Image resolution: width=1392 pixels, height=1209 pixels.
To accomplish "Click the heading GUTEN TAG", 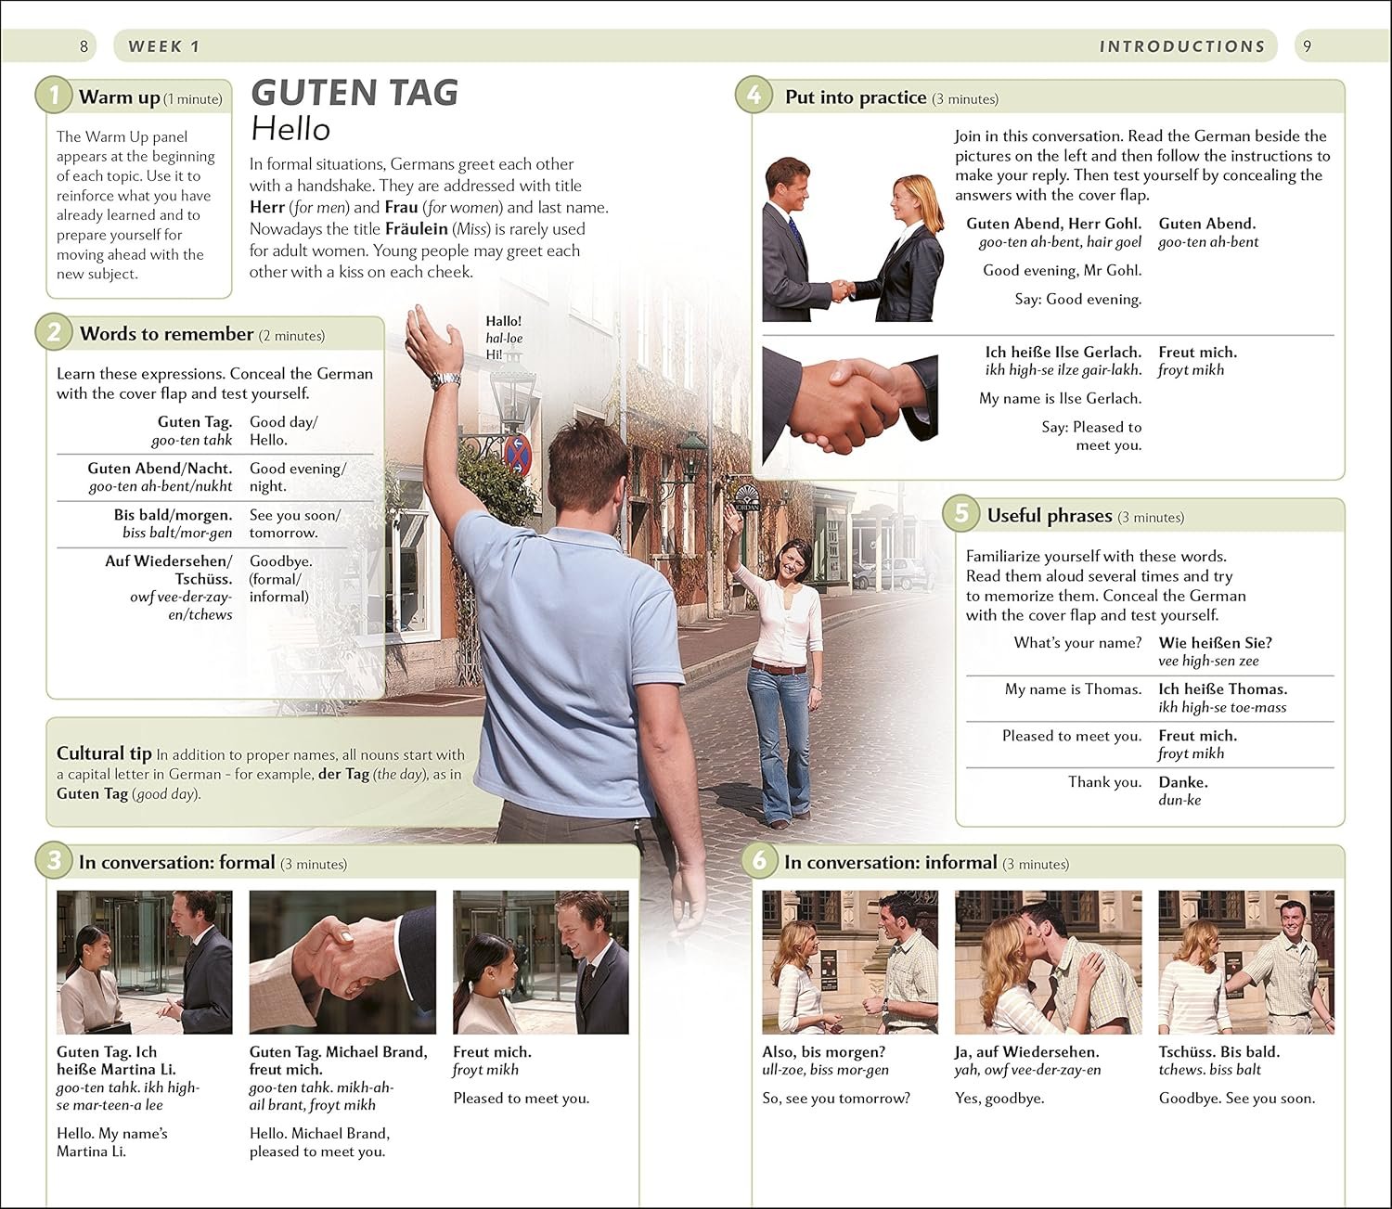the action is click(x=354, y=93).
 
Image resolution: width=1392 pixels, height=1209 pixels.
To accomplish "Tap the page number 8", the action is click(x=84, y=46).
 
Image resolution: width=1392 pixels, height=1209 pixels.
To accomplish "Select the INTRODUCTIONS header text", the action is click(x=1181, y=46).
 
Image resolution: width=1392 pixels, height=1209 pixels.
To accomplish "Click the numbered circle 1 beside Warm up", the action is click(x=54, y=96).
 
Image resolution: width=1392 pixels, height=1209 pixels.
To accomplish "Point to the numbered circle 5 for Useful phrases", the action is click(x=961, y=514).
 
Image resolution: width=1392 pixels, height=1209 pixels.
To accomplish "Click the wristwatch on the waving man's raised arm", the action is click(x=445, y=380).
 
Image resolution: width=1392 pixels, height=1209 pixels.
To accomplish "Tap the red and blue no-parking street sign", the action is click(x=518, y=450).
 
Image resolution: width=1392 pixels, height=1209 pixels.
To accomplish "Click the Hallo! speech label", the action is click(x=504, y=321).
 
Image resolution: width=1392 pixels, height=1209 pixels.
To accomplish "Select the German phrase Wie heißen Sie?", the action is click(x=1215, y=643).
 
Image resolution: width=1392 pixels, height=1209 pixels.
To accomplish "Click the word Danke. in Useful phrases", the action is click(x=1183, y=782).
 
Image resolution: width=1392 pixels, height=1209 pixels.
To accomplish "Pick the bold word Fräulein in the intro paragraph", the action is click(x=417, y=228).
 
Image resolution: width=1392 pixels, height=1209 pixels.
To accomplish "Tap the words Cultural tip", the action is click(x=104, y=753).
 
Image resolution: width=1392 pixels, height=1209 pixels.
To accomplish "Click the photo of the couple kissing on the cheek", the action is click(x=1049, y=962).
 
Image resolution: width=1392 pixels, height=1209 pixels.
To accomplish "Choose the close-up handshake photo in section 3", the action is click(x=343, y=962).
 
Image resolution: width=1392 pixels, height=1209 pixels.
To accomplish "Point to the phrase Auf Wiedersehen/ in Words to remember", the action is click(x=169, y=561).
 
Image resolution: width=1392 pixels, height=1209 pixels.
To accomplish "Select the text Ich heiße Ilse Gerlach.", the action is click(x=1063, y=353).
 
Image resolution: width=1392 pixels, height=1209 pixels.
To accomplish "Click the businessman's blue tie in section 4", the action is click(x=794, y=229).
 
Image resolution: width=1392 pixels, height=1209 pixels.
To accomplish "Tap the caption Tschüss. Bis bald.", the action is click(x=1219, y=1052).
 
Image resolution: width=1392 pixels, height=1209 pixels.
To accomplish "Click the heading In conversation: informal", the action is click(x=891, y=862).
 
